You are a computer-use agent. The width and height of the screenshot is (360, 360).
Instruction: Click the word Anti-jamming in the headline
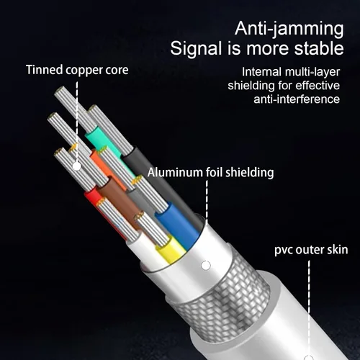pos(289,30)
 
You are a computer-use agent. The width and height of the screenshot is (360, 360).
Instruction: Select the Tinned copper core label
pos(77,70)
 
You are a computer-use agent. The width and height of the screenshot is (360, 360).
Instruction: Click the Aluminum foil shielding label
pos(210,172)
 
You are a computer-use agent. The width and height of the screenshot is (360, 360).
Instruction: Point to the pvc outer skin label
pos(311,250)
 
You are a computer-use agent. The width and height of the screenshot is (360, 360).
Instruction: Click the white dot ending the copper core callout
pos(76,166)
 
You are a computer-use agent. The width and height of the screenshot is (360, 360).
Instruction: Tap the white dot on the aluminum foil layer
pos(205,266)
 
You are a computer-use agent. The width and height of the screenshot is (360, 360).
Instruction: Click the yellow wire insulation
pos(171,250)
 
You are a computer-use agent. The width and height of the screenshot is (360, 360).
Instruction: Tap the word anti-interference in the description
pos(297,99)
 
